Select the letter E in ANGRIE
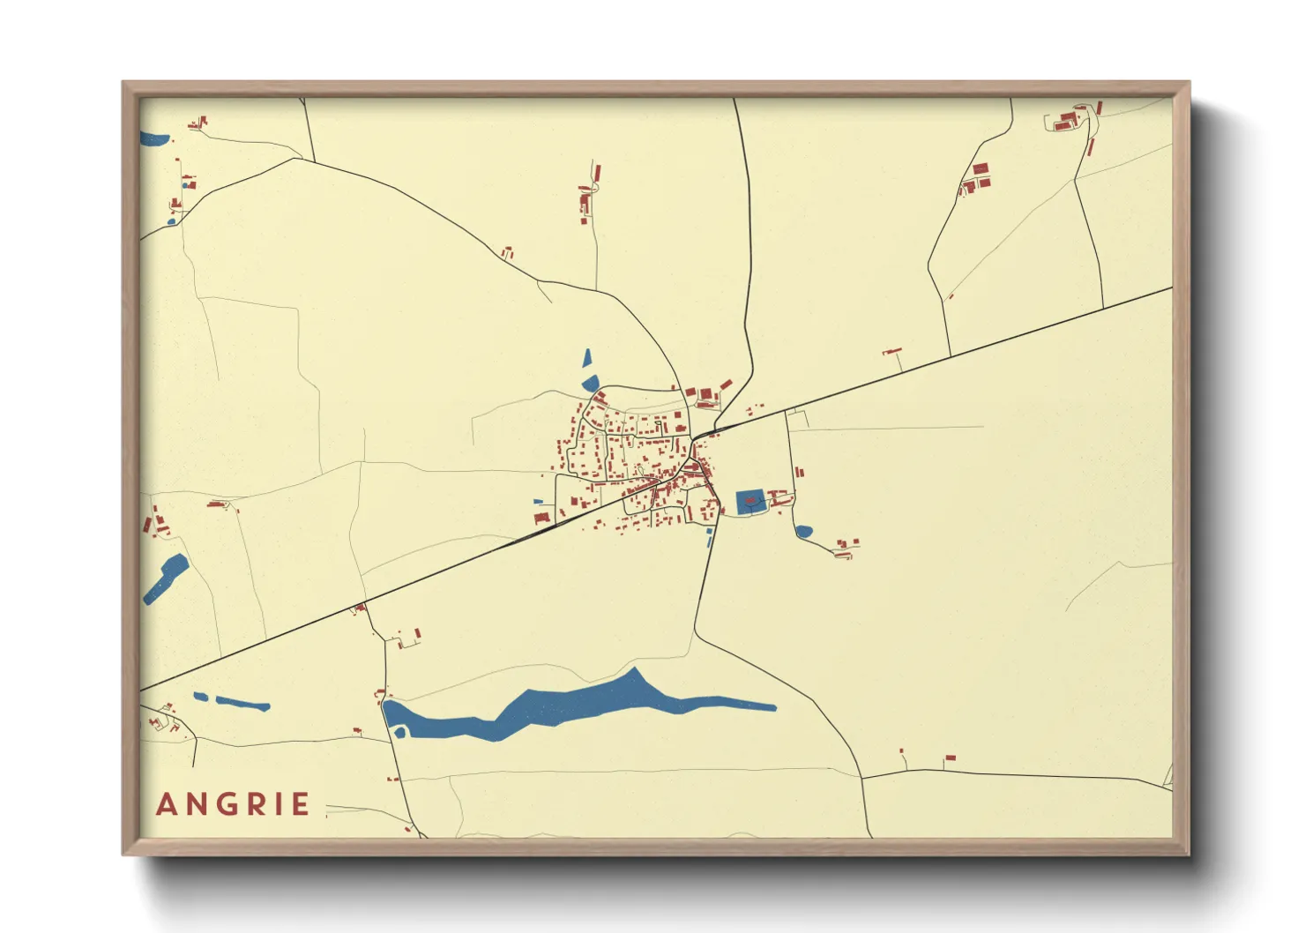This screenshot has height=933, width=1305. coord(301,804)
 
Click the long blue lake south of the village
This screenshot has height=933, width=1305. coord(564,705)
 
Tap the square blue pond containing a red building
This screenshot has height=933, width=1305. coord(749,502)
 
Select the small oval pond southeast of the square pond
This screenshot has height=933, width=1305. coord(803,532)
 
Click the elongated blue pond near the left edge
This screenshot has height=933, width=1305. coord(166,578)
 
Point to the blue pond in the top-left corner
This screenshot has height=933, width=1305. coord(155,138)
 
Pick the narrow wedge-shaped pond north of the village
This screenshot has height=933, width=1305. coord(586,358)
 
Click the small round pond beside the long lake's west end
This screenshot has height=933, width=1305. coord(400,732)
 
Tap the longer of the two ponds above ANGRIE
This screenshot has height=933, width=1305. coord(242,704)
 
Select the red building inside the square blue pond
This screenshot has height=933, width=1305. coord(749,501)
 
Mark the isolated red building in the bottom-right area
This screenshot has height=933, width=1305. coord(950,758)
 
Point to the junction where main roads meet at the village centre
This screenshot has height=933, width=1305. coord(694,438)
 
